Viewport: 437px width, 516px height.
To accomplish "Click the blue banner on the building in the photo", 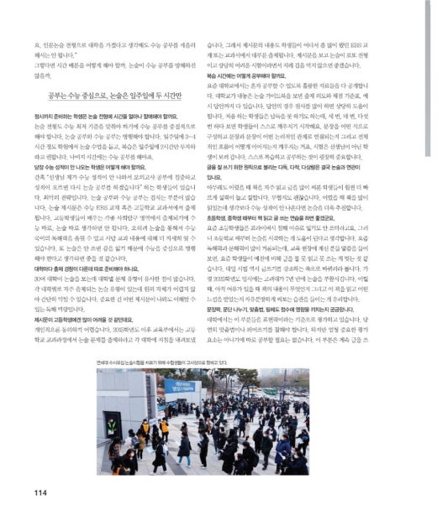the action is (182, 388).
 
